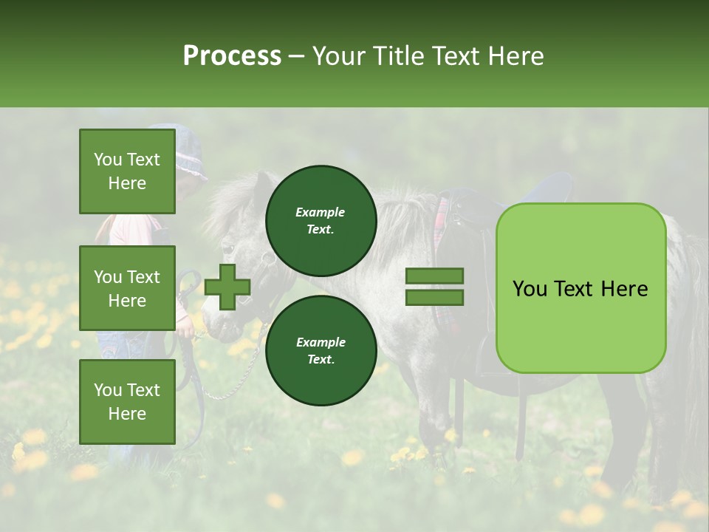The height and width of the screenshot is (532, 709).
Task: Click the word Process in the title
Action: click(x=232, y=56)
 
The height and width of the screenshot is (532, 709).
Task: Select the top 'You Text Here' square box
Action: click(x=127, y=171)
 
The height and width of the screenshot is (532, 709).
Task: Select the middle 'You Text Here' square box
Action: click(x=127, y=288)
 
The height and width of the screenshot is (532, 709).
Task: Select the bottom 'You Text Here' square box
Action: click(x=127, y=401)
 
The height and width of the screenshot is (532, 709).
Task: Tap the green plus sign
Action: click(x=227, y=287)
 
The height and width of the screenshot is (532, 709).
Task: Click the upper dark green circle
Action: click(x=321, y=220)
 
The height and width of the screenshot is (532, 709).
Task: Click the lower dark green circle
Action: click(x=321, y=350)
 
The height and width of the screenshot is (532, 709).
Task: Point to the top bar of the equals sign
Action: click(x=434, y=276)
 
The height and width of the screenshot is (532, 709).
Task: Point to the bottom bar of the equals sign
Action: click(x=434, y=298)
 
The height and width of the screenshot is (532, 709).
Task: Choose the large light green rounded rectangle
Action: click(x=580, y=288)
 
